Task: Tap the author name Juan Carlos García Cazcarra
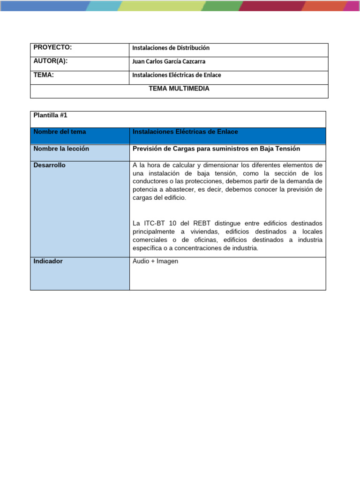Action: click(x=169, y=61)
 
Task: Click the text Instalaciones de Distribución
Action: click(x=171, y=48)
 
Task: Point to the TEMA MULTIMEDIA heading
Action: click(x=179, y=88)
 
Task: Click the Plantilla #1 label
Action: click(x=51, y=115)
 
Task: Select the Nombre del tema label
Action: click(x=60, y=132)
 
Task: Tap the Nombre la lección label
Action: click(x=61, y=149)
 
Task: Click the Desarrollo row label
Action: click(x=49, y=165)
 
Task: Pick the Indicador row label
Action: click(x=48, y=261)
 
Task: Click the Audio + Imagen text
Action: click(x=156, y=261)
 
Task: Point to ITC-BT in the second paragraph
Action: click(x=152, y=223)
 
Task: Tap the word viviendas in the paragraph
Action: click(x=203, y=232)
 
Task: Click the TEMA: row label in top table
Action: click(x=44, y=75)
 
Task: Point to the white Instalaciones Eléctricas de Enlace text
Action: click(x=185, y=132)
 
